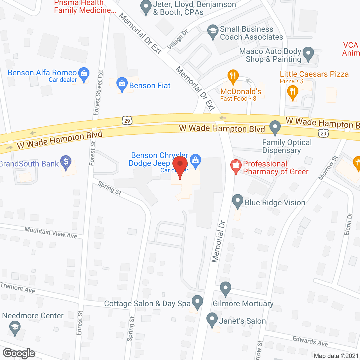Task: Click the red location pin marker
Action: tap(180, 166)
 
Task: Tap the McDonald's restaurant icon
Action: tap(233, 76)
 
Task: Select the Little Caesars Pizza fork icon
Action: tap(292, 93)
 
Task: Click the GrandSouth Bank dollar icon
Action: tap(66, 162)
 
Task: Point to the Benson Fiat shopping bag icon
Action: tap(122, 84)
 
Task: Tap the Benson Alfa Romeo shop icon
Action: tap(84, 74)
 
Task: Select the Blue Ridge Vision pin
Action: tap(238, 201)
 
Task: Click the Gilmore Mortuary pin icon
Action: tap(225, 289)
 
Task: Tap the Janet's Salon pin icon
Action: tap(212, 319)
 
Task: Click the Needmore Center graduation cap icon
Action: tap(15, 328)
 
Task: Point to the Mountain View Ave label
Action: tap(51, 233)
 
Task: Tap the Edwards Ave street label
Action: tap(310, 341)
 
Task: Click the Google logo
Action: tap(19, 353)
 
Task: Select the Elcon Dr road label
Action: tap(348, 224)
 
